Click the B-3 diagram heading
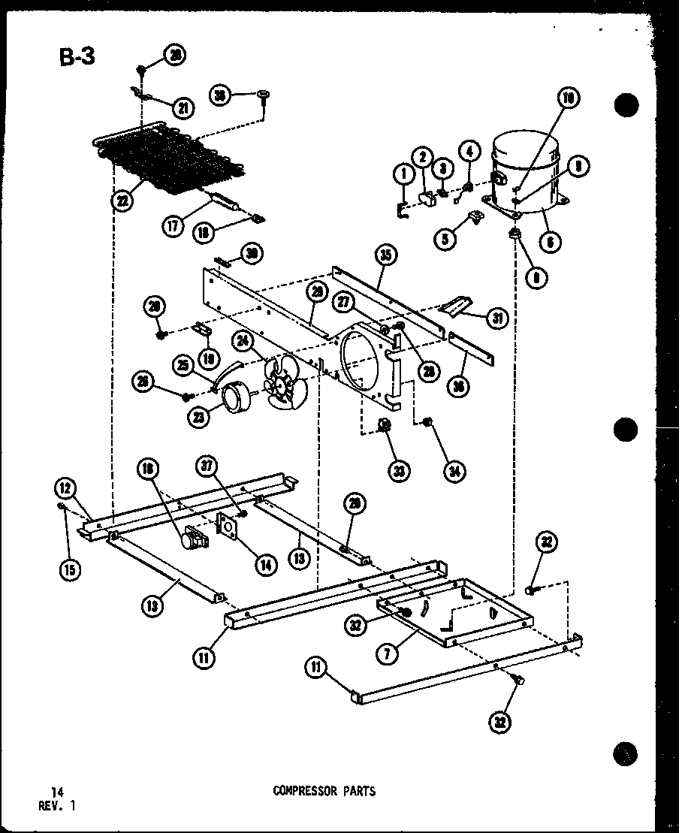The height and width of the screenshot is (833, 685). pos(78,57)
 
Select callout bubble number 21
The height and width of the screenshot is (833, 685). pos(182,108)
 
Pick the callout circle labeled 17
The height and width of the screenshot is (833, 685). pos(174,225)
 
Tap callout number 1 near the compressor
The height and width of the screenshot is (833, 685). pos(403,174)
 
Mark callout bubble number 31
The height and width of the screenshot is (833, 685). pos(496,318)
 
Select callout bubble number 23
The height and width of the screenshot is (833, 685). pos(200,418)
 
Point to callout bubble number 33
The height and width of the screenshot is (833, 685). pos(400,471)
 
